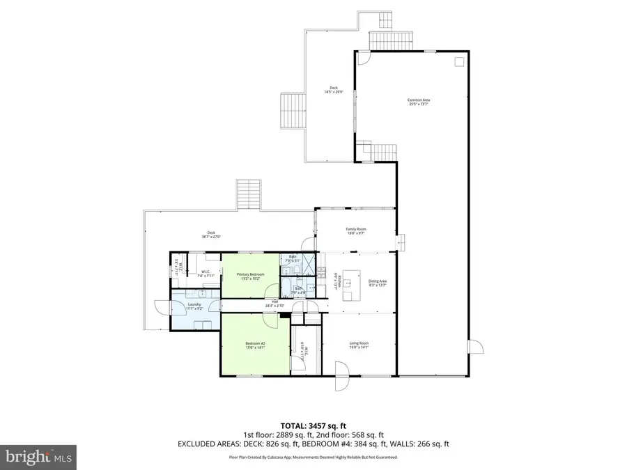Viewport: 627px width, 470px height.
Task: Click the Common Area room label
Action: coord(419,102)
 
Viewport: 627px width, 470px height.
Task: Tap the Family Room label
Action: coord(356,231)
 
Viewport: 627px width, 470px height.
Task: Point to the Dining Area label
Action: coord(378,283)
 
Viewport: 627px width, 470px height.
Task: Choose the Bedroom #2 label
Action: coord(255,345)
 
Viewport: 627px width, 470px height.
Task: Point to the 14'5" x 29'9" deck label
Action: coord(331,90)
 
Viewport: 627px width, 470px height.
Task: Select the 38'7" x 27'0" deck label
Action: coord(211,235)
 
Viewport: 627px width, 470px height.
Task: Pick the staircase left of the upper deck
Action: coord(293,111)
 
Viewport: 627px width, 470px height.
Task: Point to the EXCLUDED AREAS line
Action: coord(313,444)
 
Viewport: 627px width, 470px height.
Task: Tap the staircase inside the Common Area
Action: coord(379,149)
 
